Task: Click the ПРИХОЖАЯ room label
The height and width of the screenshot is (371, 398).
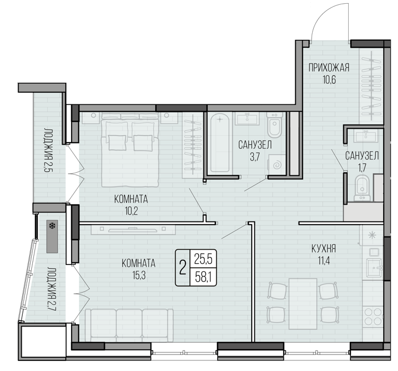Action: (329, 68)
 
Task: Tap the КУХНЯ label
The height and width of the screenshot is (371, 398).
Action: (324, 249)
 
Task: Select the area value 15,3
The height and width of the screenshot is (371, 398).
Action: (139, 276)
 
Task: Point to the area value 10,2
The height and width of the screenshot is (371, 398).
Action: (131, 211)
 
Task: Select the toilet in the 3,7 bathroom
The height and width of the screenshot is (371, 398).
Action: (275, 125)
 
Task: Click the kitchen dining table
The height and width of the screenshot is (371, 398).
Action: (303, 304)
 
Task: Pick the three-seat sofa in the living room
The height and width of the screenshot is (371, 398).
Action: (129, 325)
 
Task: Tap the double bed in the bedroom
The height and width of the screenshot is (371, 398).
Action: (130, 149)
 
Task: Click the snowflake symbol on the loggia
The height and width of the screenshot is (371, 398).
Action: (52, 226)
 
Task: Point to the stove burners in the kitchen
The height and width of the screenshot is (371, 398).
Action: (373, 316)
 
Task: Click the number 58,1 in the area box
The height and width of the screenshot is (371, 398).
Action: (203, 277)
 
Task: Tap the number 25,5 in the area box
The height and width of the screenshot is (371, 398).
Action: (203, 259)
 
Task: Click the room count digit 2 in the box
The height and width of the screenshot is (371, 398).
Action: (182, 268)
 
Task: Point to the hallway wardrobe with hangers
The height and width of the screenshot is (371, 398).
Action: (371, 86)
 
